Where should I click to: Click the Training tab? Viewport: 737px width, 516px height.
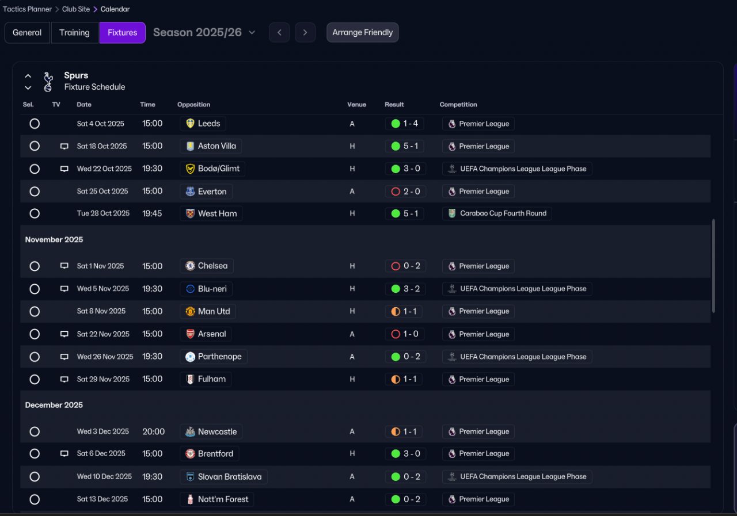tap(74, 33)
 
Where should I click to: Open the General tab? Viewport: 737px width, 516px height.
tap(27, 33)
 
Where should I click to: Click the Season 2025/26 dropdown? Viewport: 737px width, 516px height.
tap(204, 33)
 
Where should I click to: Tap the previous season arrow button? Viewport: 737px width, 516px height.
tap(279, 33)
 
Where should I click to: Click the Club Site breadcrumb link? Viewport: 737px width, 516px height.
tap(76, 9)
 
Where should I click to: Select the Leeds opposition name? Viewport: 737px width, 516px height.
tap(208, 124)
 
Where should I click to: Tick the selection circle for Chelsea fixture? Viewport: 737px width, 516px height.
tap(35, 266)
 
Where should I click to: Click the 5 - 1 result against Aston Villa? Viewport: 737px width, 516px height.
tap(405, 146)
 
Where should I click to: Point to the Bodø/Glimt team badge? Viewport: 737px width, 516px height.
tap(190, 169)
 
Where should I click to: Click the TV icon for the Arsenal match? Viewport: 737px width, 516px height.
tap(64, 334)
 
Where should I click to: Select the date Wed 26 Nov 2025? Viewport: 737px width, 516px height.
tap(105, 357)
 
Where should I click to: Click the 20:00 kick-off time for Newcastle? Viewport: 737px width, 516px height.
tap(153, 431)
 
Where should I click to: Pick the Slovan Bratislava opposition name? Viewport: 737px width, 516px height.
tap(229, 477)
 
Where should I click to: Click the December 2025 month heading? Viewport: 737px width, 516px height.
tap(54, 405)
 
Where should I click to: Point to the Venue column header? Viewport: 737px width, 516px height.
tap(356, 105)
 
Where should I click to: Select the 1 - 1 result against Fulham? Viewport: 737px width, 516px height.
tap(405, 379)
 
